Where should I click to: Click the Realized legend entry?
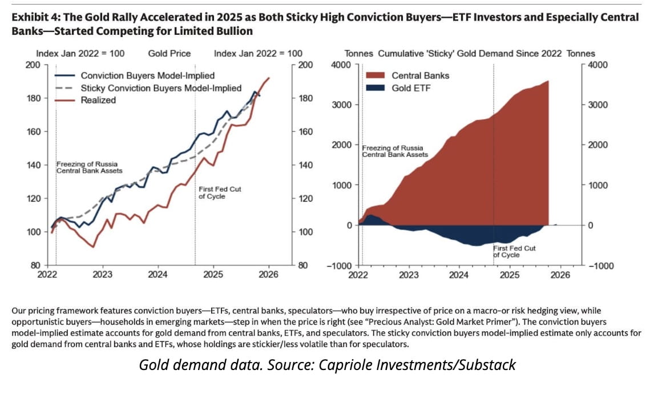click(98, 100)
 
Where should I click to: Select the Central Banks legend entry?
click(421, 75)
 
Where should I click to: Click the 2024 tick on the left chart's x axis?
click(158, 275)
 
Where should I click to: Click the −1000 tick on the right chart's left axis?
click(342, 266)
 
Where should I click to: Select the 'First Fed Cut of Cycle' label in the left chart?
click(212, 192)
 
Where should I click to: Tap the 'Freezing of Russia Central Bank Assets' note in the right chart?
click(395, 151)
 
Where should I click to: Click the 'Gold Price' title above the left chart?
click(169, 54)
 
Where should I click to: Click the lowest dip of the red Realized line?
click(92, 247)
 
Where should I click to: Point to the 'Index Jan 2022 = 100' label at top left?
click(80, 54)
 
